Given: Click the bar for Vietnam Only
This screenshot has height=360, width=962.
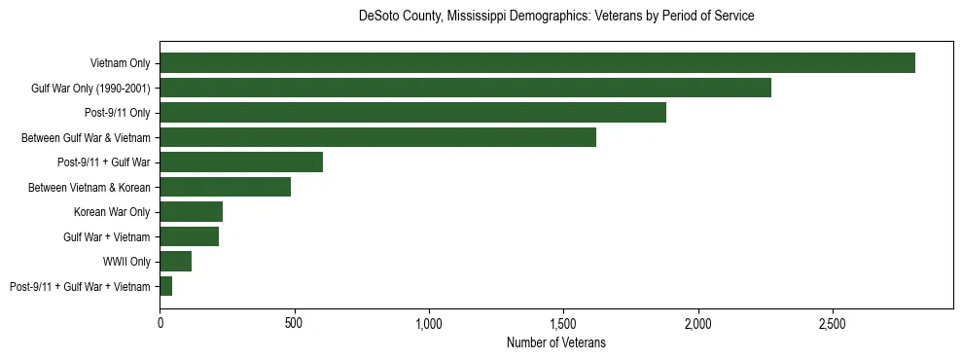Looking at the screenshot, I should click(537, 63).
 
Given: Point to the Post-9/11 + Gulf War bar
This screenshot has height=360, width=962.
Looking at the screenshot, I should click(241, 162).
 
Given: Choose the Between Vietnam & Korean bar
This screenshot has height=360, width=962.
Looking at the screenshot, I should click(225, 187).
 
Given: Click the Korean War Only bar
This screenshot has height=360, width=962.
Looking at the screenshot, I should click(191, 212).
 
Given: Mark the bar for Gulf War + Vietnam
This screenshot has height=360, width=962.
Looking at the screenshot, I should click(189, 236).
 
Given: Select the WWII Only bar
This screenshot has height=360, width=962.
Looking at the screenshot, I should click(175, 262).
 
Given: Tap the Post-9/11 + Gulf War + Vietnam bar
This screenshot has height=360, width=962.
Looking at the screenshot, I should click(165, 286).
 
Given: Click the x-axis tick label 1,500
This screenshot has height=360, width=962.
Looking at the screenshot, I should click(563, 322).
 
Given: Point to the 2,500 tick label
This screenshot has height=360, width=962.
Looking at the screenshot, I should click(833, 322).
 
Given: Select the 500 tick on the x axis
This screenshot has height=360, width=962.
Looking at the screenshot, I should click(295, 322).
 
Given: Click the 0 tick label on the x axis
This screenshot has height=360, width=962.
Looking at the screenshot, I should click(160, 322).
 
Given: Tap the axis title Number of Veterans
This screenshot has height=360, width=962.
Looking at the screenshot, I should click(555, 342).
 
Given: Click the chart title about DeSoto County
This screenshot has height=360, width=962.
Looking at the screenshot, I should click(555, 17).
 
